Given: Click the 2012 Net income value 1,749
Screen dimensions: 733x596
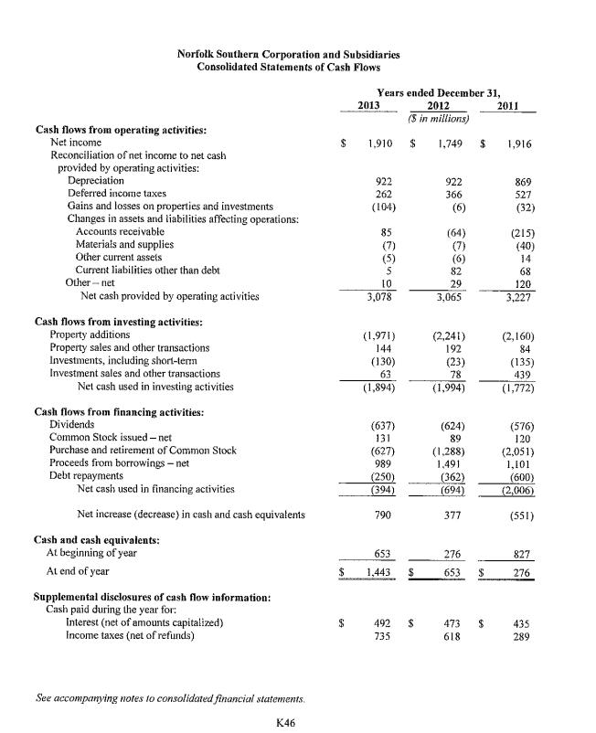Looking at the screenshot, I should [x=448, y=143].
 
